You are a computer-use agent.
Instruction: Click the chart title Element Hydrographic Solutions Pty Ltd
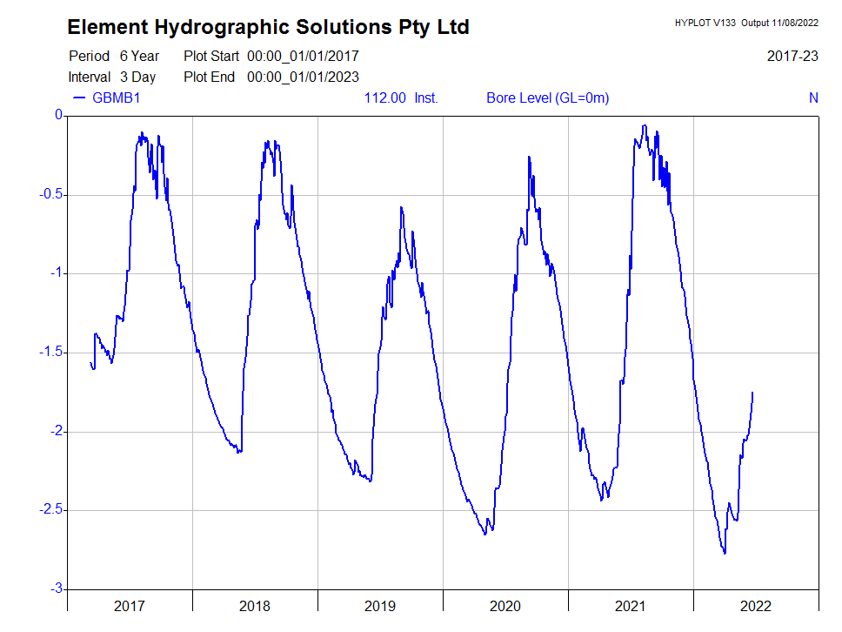268,27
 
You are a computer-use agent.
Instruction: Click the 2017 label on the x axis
130,606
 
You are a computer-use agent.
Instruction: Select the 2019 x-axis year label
380,606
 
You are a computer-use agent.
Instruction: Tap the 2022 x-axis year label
755,606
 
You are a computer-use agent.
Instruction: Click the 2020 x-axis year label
505,606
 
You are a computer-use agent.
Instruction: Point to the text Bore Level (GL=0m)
547,97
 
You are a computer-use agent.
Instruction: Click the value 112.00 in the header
384,97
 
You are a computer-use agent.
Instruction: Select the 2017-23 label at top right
792,56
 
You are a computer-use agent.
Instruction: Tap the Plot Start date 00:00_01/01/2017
303,56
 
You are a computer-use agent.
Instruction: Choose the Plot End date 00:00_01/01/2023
303,77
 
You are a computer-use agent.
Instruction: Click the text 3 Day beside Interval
137,77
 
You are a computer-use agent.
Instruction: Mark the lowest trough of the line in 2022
725,553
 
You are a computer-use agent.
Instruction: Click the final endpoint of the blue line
752,393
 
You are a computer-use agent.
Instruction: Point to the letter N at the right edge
813,97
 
